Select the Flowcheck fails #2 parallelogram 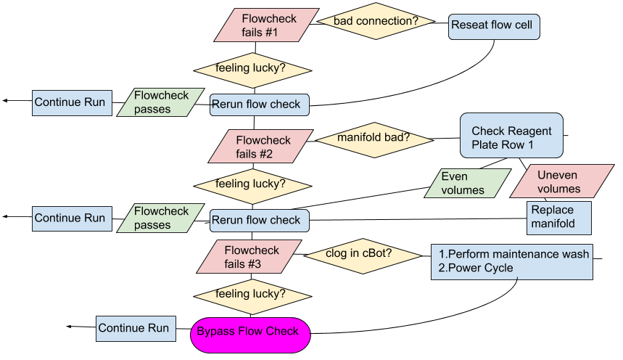tap(260, 147)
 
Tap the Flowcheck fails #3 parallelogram tap(249, 257)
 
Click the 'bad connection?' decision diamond tap(376, 22)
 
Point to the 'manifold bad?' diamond tap(373, 137)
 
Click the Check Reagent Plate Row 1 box tap(511, 138)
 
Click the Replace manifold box tap(558, 217)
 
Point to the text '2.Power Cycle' tap(476, 268)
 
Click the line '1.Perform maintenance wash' tap(513, 253)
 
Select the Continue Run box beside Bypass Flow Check tap(134, 329)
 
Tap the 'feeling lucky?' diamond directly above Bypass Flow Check tap(251, 295)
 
